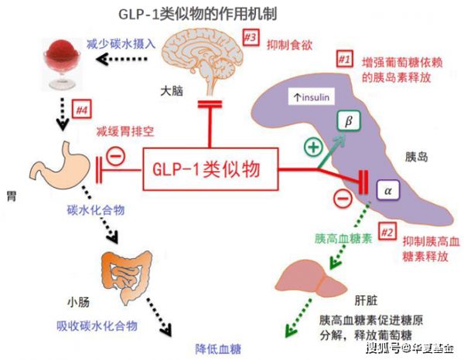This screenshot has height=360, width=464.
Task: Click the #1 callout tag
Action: [x=343, y=59]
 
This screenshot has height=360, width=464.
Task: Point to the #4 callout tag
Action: [x=80, y=111]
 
